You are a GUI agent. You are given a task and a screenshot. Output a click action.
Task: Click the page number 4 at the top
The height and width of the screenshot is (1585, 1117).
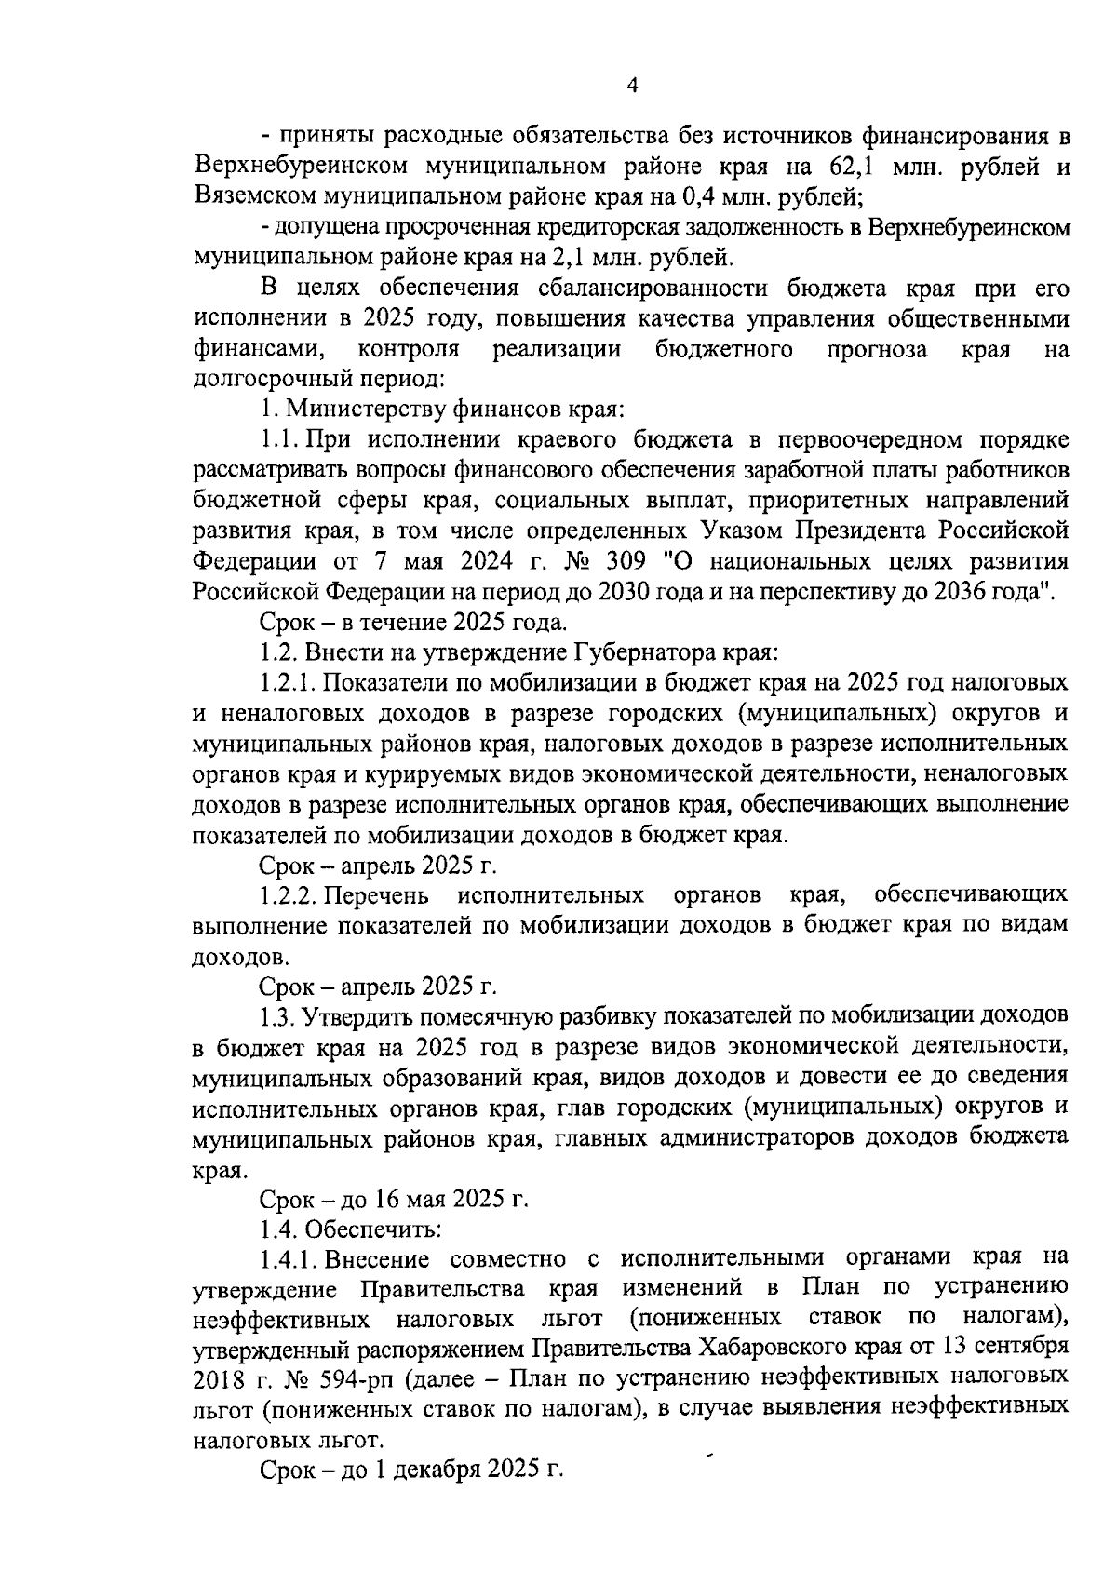(x=632, y=86)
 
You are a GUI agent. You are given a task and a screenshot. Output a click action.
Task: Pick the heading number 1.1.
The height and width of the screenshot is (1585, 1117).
(x=280, y=440)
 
